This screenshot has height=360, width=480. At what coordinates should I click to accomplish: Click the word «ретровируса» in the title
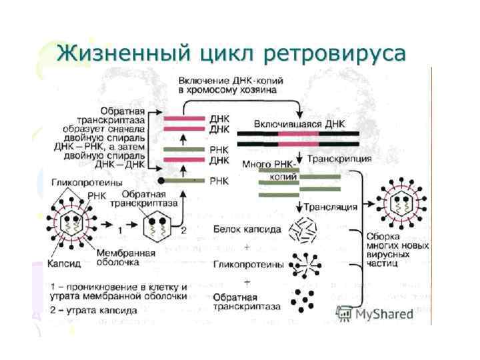[333, 52]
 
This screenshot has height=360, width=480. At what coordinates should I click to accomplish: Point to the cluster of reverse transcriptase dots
[304, 299]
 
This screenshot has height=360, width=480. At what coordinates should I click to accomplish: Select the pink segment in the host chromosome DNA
[298, 139]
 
